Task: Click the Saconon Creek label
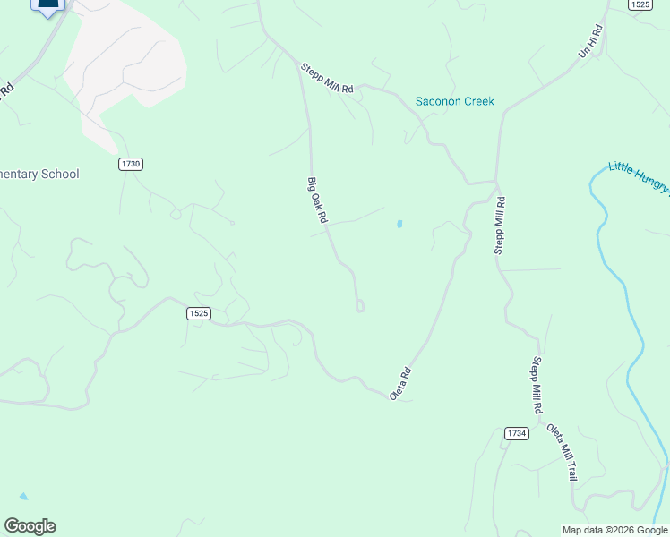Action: (x=454, y=101)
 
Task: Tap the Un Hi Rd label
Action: (x=591, y=41)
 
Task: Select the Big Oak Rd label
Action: (x=318, y=200)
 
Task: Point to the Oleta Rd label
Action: (x=400, y=383)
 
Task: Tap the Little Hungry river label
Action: (x=638, y=176)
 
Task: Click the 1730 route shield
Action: (x=131, y=164)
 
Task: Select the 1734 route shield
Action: (x=516, y=433)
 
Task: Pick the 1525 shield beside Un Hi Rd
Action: (x=639, y=4)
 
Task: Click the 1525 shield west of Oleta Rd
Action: (x=199, y=313)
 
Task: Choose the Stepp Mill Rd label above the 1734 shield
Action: (x=537, y=385)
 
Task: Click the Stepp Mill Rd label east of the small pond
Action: (x=500, y=226)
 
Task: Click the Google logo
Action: (x=30, y=526)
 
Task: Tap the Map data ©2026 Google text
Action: (x=614, y=530)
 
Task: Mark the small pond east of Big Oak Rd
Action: (x=399, y=224)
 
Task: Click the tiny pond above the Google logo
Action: (x=23, y=496)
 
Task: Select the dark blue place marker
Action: (x=48, y=5)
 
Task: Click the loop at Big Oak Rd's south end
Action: (x=360, y=306)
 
